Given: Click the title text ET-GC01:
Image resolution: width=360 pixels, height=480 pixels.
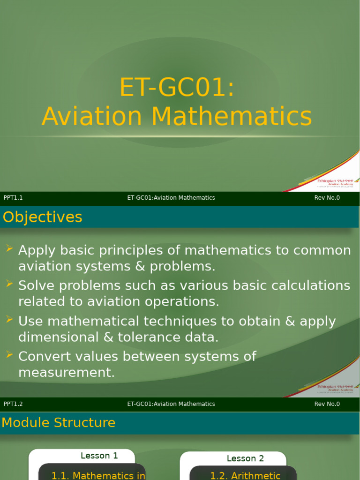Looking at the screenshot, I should point(177,87).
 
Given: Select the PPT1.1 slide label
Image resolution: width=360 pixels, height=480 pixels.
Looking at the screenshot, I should point(13,198).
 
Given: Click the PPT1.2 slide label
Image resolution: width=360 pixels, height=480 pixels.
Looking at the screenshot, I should point(13,404).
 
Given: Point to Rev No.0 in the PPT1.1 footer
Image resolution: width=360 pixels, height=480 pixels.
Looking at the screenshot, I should point(327,198).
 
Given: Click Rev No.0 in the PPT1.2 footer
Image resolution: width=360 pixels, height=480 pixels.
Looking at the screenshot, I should point(327,404).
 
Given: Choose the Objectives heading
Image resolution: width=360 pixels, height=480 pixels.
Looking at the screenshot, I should point(43,217).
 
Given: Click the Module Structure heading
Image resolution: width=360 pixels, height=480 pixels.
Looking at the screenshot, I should point(59,423).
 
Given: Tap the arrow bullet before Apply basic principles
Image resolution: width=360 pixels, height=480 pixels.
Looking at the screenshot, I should point(9,248).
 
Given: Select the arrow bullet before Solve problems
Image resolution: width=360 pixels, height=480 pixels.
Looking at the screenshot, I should point(9,284).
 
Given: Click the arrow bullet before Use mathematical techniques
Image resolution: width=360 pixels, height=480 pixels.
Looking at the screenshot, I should point(9,319).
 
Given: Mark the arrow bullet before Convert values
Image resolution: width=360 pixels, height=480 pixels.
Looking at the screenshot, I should point(9,355).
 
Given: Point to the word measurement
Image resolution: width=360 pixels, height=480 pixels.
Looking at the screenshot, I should point(66,373).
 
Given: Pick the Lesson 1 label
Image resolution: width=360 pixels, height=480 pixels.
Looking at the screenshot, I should point(99,456).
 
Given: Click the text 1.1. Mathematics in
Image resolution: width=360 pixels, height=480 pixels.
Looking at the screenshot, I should point(98,475).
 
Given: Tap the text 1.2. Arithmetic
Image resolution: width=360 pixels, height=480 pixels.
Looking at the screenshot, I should point(245,475).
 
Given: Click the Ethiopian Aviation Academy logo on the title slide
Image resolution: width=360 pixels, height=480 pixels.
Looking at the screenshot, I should point(334,183).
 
